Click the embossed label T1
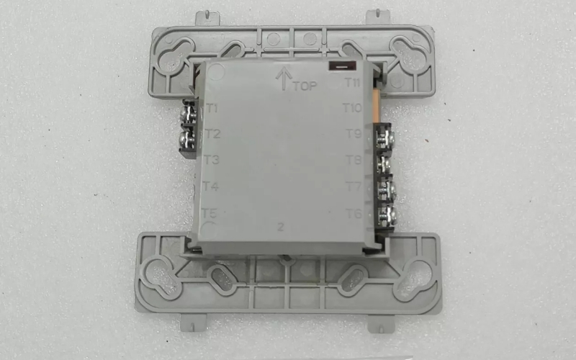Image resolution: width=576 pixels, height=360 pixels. click(212, 109)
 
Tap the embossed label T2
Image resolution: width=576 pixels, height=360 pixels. click(212, 134)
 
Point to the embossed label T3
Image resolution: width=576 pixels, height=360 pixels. click(211, 160)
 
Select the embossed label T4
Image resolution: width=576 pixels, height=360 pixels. click(210, 186)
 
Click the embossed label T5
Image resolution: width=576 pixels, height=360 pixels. click(209, 213)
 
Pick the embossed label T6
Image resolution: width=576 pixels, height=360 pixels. click(354, 213)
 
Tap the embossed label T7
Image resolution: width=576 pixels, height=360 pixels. click(354, 186)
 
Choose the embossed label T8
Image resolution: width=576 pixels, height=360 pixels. click(354, 160)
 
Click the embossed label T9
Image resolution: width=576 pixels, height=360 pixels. click(354, 134)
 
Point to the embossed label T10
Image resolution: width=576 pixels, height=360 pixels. click(352, 108)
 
